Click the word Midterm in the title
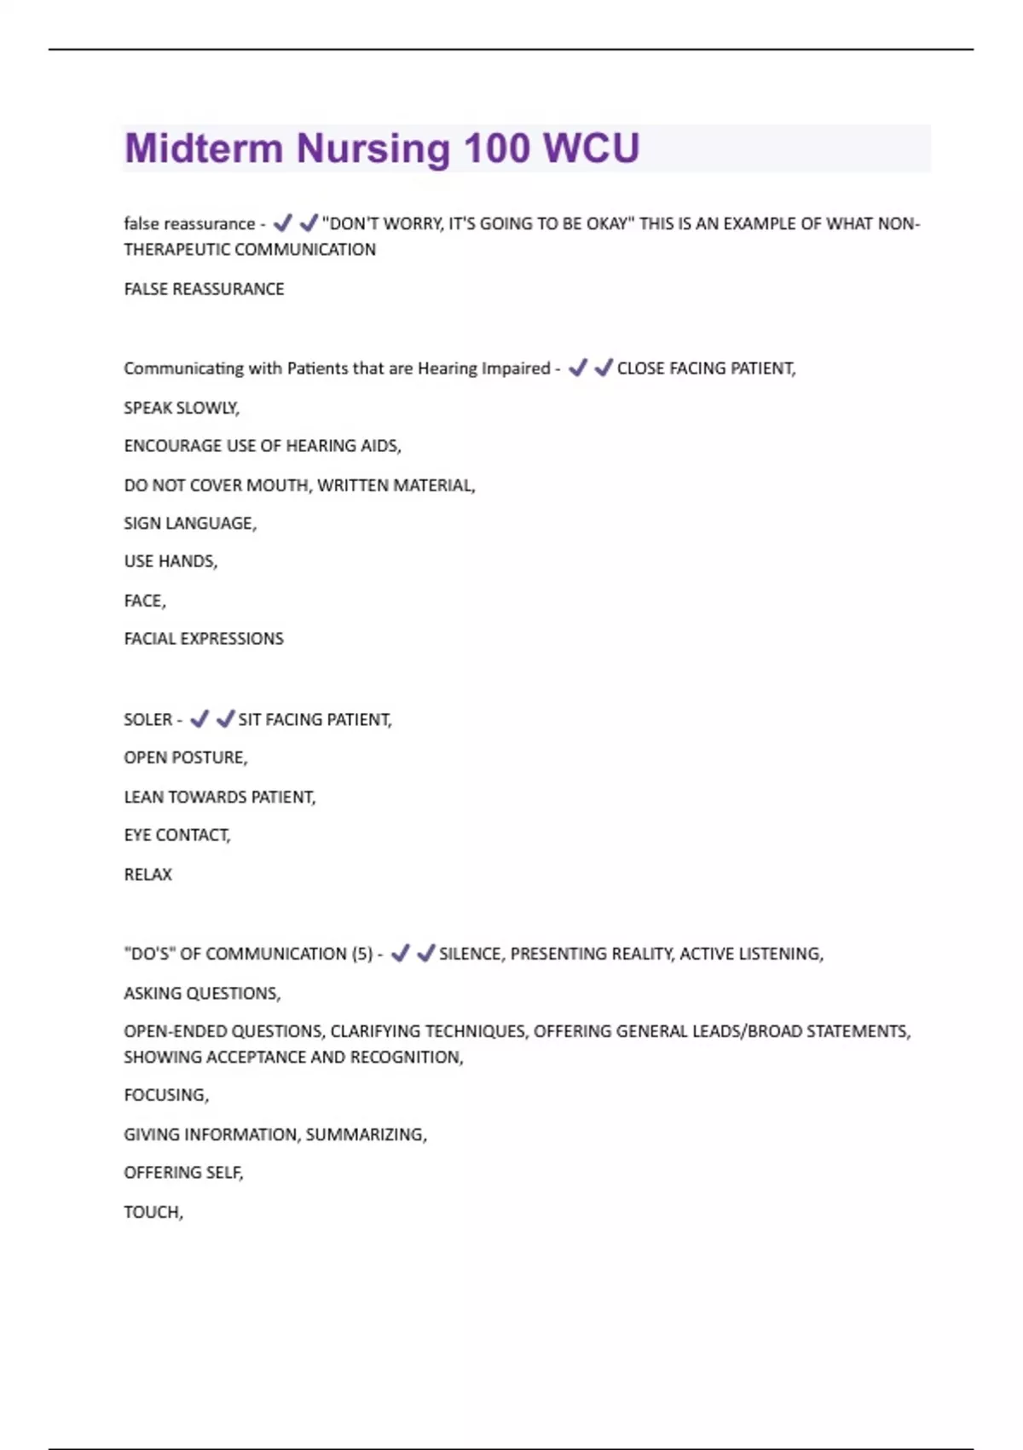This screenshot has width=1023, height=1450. [x=203, y=148]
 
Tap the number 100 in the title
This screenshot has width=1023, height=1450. [x=497, y=148]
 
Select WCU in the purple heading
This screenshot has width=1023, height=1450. [x=592, y=148]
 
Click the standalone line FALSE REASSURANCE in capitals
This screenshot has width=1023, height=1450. [x=204, y=289]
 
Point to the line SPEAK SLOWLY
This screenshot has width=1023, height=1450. [x=181, y=408]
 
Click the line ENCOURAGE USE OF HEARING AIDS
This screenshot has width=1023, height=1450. [x=262, y=446]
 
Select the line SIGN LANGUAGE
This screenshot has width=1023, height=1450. [x=189, y=523]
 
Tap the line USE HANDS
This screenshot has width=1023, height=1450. [x=170, y=561]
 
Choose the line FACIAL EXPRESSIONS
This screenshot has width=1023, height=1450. [x=203, y=639]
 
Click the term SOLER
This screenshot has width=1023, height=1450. [x=147, y=720]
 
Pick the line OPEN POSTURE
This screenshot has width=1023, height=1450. [x=185, y=757]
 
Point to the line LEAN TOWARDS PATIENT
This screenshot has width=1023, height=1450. [x=219, y=797]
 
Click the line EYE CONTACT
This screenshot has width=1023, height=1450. [x=176, y=835]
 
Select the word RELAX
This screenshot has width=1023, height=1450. [x=147, y=874]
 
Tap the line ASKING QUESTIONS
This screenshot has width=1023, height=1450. [x=201, y=993]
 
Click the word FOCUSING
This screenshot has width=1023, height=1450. [x=165, y=1095]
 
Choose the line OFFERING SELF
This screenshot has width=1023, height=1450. [x=182, y=1173]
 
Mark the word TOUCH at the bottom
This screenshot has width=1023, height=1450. [x=153, y=1212]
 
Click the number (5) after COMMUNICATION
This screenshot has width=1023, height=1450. [x=362, y=954]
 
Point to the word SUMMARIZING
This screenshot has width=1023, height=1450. [x=366, y=1134]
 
